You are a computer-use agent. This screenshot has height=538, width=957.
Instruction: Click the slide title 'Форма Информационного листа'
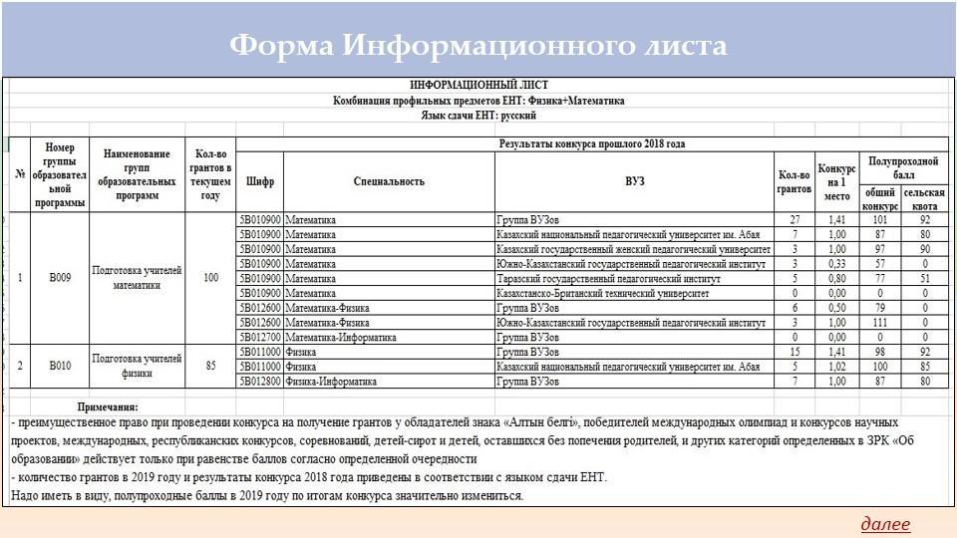point(478,46)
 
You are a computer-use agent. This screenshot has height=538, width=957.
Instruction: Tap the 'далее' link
point(885,524)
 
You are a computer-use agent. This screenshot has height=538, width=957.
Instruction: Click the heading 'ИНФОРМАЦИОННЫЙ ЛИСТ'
point(478,86)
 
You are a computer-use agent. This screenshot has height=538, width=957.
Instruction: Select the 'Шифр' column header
point(260,181)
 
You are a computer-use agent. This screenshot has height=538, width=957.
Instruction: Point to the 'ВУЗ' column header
point(635,181)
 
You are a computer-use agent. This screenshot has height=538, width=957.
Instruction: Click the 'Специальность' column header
point(389,181)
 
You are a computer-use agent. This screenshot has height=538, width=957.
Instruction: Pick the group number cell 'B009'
point(60,278)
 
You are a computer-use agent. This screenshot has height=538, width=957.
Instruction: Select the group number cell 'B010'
point(60,366)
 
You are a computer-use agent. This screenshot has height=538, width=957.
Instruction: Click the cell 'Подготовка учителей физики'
point(137,366)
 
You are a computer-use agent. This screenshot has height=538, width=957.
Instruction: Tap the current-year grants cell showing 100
point(210,278)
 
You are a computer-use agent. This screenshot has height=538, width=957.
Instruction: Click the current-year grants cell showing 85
point(210,366)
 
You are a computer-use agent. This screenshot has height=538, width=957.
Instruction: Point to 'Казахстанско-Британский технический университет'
point(602,294)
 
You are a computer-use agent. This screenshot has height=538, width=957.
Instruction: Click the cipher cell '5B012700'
point(260,338)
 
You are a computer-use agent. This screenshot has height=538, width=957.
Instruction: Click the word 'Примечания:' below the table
point(108,406)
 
